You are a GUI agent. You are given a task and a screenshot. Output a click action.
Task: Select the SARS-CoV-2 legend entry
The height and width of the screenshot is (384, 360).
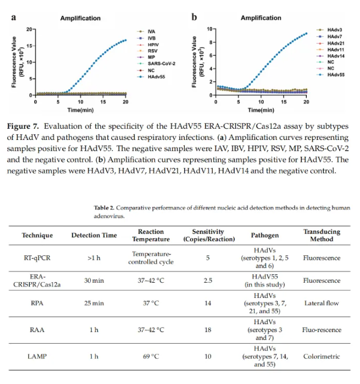pyautogui.click(x=161, y=63)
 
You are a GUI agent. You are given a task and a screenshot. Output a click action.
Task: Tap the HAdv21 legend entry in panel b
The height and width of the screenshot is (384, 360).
pyautogui.click(x=335, y=44)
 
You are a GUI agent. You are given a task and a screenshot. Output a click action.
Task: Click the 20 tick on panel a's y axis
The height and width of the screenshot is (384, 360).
pyautogui.click(x=29, y=29)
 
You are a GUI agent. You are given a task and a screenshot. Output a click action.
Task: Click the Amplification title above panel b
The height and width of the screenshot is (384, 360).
pyautogui.click(x=261, y=18)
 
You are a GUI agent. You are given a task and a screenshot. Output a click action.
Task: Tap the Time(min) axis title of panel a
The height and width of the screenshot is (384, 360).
pyautogui.click(x=80, y=110)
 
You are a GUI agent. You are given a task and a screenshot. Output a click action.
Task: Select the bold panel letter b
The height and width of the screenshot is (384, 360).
pyautogui.click(x=194, y=17)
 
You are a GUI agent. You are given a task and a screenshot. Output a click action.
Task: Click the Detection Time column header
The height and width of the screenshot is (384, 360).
pyautogui.click(x=94, y=236)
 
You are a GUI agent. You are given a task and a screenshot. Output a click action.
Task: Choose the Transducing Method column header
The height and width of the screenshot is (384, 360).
pyautogui.click(x=322, y=236)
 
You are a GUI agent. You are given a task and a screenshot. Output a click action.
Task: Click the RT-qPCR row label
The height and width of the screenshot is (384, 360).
pyautogui.click(x=38, y=259)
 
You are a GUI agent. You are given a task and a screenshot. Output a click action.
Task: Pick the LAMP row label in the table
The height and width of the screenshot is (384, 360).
pyautogui.click(x=38, y=356)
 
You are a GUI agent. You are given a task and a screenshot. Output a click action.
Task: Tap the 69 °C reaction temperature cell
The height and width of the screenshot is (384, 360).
pyautogui.click(x=151, y=356)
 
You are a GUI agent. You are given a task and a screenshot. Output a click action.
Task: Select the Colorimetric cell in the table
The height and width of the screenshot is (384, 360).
pyautogui.click(x=322, y=356)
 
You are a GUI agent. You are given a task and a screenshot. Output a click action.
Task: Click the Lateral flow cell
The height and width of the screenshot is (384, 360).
pyautogui.click(x=322, y=303)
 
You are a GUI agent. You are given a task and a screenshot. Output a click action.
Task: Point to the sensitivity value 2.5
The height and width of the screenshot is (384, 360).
pyautogui.click(x=208, y=280)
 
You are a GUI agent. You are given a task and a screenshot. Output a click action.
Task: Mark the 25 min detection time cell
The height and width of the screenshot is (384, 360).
pyautogui.click(x=94, y=303)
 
